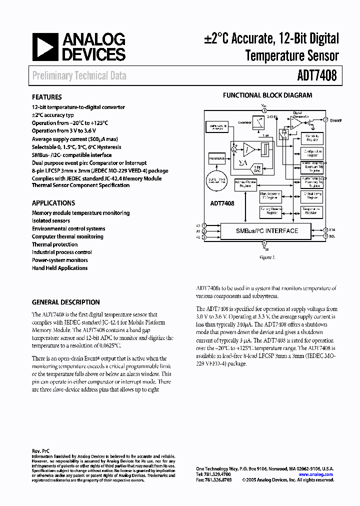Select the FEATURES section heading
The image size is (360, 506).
(46, 97)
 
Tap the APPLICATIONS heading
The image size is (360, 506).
(53, 203)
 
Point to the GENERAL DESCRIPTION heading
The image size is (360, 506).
(65, 302)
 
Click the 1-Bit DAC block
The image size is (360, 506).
(258, 168)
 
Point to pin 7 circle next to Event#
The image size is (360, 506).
(326, 120)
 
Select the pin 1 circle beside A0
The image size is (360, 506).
(204, 225)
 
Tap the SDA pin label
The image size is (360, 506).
(332, 229)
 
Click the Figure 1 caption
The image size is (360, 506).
(267, 257)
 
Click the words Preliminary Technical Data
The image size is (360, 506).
(79, 76)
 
